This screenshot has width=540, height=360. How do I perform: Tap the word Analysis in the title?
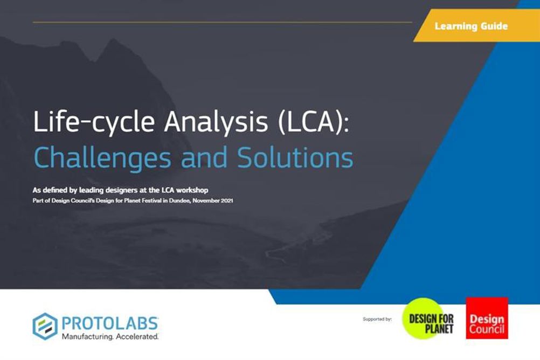click(216, 122)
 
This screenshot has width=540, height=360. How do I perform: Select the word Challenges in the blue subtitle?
click(102, 158)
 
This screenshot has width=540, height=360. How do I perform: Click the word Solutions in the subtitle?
click(295, 157)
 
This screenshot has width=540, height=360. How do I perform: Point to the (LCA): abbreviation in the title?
click(313, 122)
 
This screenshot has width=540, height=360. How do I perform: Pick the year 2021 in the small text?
click(227, 200)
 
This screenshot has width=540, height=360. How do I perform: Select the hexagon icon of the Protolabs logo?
click(45, 326)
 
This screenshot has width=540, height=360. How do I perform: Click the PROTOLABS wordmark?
click(110, 323)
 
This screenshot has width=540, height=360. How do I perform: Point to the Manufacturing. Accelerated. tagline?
click(110, 337)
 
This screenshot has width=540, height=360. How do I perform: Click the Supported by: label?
click(377, 320)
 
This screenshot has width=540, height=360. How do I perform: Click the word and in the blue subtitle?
click(204, 157)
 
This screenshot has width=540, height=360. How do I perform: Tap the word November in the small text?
click(206, 200)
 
